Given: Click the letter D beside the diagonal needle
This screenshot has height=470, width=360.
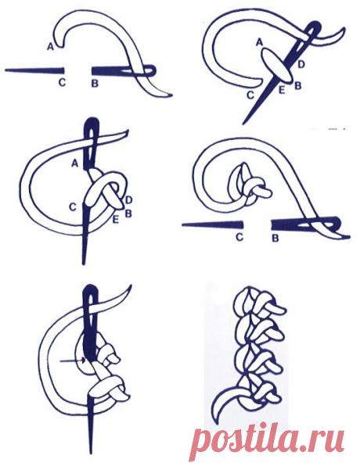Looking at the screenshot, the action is pyautogui.click(x=301, y=64).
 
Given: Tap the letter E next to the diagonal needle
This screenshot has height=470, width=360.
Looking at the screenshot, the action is pyautogui.click(x=282, y=90).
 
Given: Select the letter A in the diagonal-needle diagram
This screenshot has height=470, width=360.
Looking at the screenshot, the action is pyautogui.click(x=259, y=43).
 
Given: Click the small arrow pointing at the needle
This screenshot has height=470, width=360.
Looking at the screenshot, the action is pyautogui.click(x=73, y=361).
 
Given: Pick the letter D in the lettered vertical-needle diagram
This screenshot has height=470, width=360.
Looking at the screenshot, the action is pyautogui.click(x=128, y=199).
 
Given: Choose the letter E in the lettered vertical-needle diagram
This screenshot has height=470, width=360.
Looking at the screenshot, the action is pyautogui.click(x=116, y=221).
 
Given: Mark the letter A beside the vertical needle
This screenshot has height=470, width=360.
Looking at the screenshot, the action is pyautogui.click(x=75, y=163).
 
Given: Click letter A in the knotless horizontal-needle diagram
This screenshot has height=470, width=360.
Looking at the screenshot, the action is pyautogui.click(x=50, y=46).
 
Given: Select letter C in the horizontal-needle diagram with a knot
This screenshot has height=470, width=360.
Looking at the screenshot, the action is pyautogui.click(x=239, y=238).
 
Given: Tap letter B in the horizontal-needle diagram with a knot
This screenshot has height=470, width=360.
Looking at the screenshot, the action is pyautogui.click(x=275, y=239).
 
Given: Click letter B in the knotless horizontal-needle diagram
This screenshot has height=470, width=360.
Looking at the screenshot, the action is pyautogui.click(x=95, y=84).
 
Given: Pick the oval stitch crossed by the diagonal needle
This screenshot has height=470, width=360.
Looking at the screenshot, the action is pyautogui.click(x=276, y=66).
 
